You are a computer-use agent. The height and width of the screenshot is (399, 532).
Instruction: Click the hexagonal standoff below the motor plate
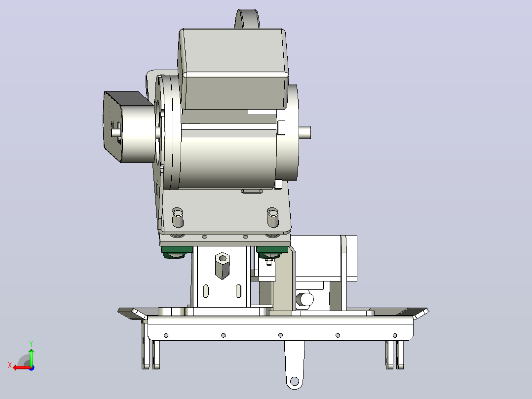(x=222, y=266)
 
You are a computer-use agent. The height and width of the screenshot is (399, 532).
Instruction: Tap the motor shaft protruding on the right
(x=304, y=132)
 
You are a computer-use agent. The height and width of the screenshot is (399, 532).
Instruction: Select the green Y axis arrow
(x=31, y=357)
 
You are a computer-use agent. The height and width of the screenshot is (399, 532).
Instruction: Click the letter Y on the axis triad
(x=31, y=344)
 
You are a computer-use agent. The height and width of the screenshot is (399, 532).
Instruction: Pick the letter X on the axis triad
(x=10, y=365)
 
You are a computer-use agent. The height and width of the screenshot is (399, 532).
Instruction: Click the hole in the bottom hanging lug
(x=294, y=381)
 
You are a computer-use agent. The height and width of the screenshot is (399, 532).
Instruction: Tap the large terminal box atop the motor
(x=233, y=69)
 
